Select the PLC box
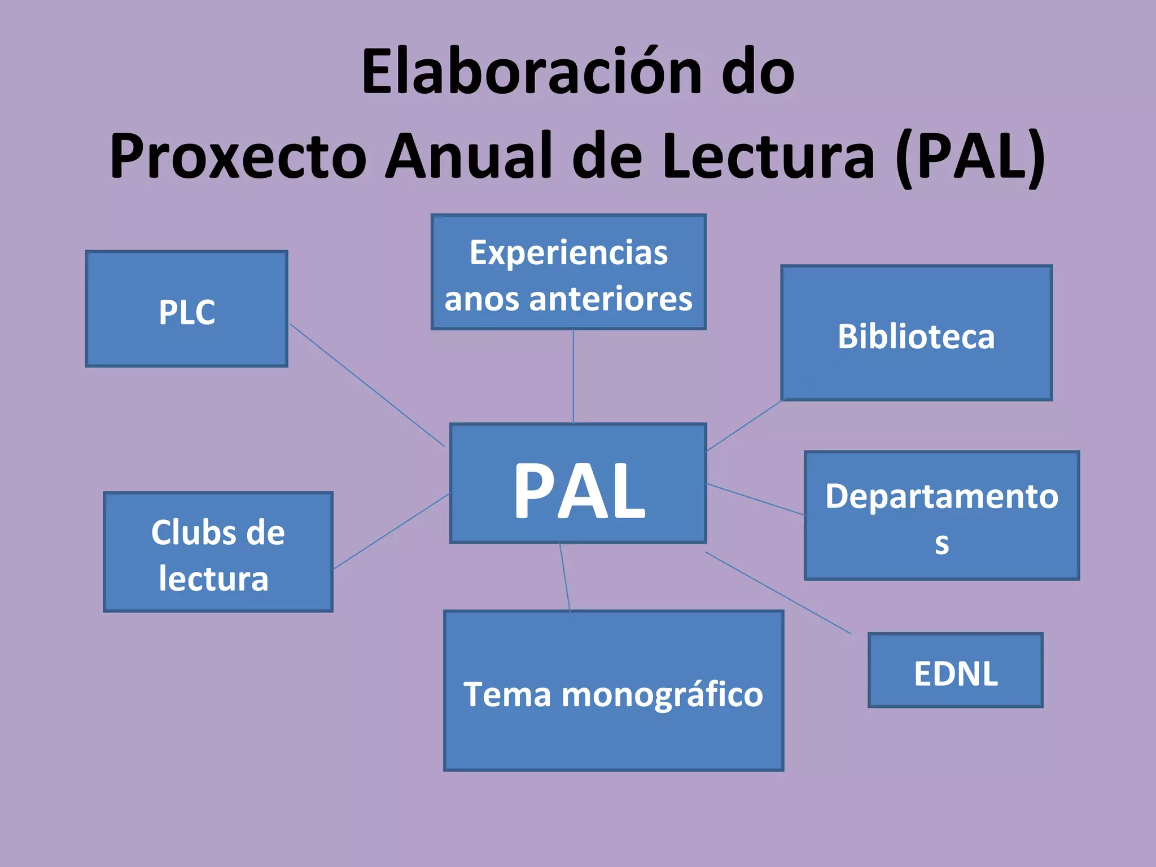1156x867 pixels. point(186,309)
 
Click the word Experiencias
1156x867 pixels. point(568,253)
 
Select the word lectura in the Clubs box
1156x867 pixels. point(213,579)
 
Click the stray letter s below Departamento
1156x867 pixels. point(942,544)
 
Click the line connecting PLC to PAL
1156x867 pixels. point(367,385)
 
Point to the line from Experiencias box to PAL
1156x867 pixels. point(573,377)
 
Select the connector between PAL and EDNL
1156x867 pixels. point(778,593)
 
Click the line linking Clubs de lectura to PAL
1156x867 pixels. point(391,531)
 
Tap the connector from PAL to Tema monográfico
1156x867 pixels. point(564,577)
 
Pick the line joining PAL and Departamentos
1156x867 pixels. point(755,499)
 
